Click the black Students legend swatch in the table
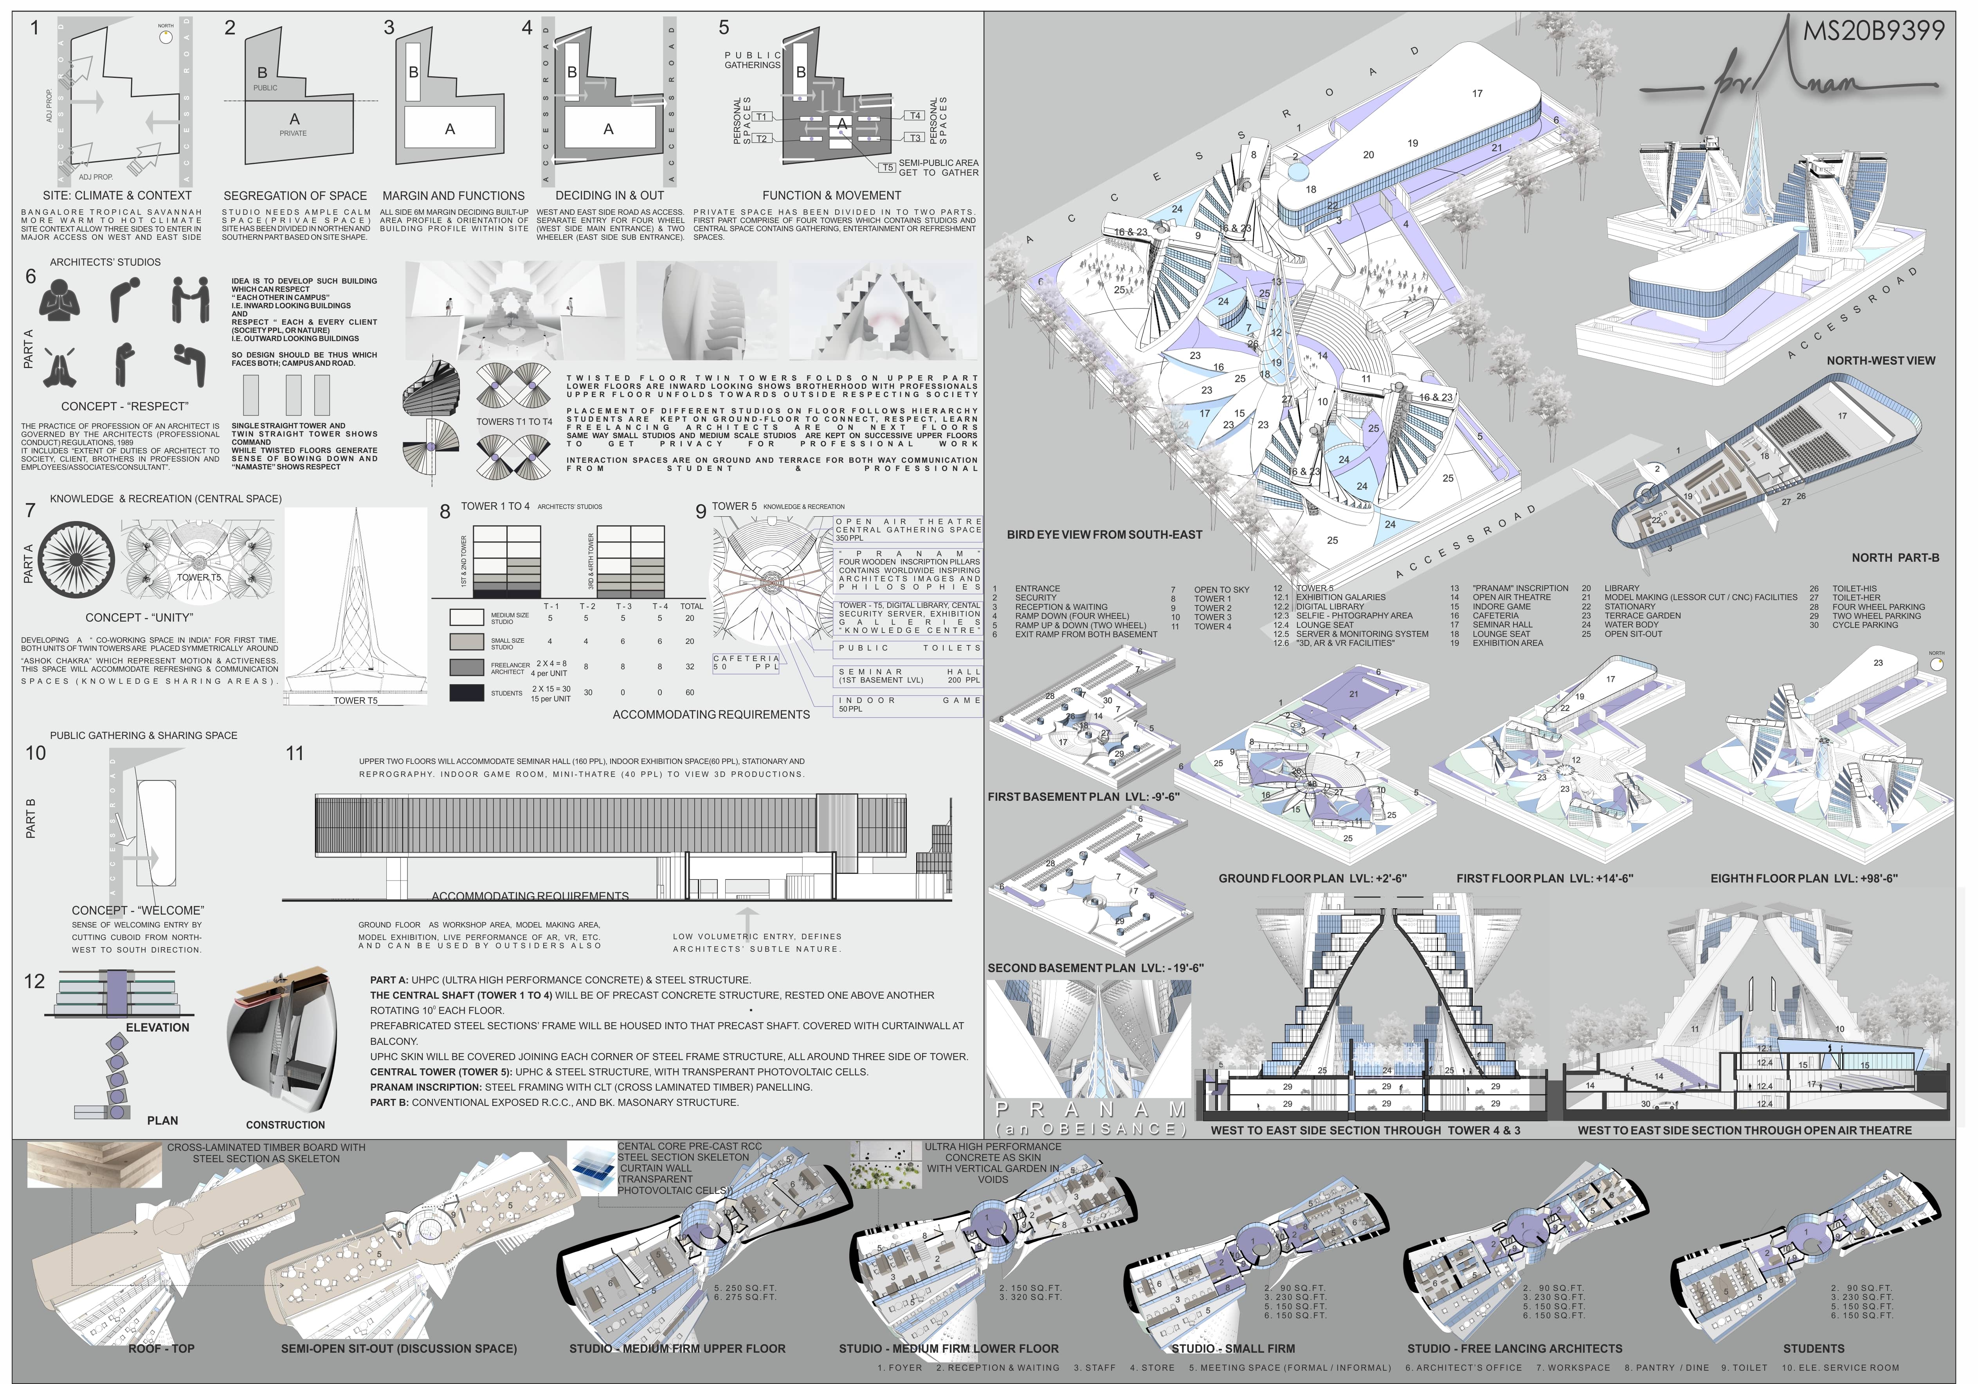tap(466, 692)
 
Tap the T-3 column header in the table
tap(623, 606)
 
